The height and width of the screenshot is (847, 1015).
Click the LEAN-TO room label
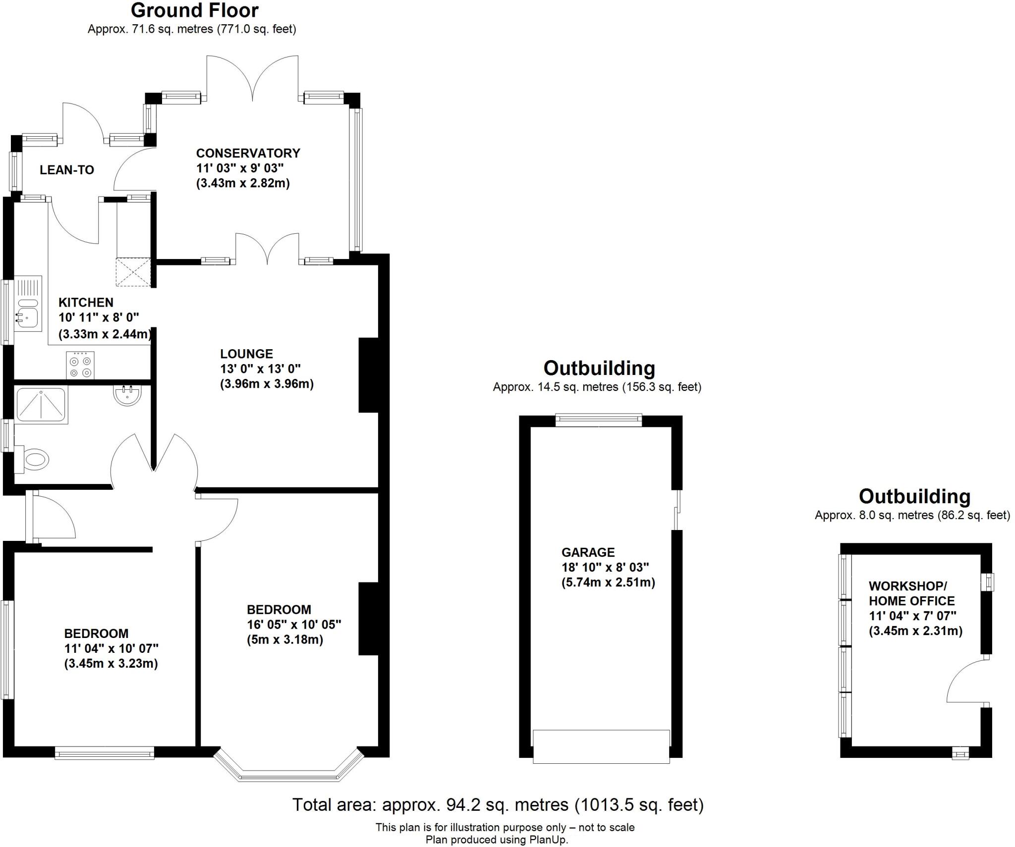pos(67,170)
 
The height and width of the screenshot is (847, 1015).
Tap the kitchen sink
pos(28,311)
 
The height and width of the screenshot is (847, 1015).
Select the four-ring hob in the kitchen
pos(80,365)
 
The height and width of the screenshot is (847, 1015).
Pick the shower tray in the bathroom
pos(41,405)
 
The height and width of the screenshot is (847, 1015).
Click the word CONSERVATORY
pos(248,153)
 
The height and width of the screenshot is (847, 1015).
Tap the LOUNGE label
pos(246,354)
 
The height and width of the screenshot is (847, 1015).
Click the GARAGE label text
pos(588,552)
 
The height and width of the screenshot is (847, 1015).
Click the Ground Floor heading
pos(194,10)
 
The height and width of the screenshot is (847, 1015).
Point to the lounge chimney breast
pos(368,375)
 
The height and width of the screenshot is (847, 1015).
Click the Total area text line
pos(498,804)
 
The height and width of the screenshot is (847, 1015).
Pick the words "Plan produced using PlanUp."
pos(497,840)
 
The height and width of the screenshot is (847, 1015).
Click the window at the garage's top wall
pos(598,420)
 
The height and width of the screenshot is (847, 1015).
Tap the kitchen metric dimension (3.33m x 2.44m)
pos(105,334)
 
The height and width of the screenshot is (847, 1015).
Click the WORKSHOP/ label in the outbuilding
pos(907,586)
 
